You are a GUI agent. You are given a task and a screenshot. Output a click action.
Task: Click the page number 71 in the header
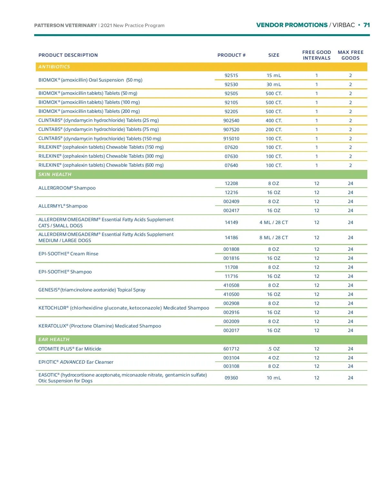click(366, 25)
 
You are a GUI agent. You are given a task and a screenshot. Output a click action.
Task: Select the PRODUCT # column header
click(231, 55)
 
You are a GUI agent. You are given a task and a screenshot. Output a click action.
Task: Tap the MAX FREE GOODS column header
click(350, 55)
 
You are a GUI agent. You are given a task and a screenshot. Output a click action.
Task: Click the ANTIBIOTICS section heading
click(54, 67)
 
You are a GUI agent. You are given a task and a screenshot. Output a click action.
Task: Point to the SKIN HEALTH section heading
click(55, 174)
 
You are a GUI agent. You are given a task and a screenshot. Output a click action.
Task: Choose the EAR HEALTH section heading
click(54, 339)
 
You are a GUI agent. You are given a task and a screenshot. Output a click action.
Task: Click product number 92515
click(231, 75)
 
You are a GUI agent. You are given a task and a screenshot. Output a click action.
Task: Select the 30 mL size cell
click(273, 84)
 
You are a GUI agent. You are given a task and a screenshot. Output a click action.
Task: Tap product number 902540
click(231, 121)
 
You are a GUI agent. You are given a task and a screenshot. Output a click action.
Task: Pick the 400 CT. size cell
click(273, 121)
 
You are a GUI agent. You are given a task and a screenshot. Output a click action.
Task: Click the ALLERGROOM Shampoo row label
click(67, 188)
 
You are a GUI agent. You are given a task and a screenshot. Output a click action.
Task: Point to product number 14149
click(231, 222)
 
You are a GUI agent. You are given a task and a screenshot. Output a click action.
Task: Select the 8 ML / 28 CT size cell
click(273, 238)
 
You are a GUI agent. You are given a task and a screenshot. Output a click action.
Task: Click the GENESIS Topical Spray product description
click(92, 290)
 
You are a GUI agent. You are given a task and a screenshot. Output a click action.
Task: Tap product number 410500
click(231, 294)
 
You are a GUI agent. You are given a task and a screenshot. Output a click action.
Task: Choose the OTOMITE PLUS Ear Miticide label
click(70, 349)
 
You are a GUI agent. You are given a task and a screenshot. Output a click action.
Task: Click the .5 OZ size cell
click(273, 349)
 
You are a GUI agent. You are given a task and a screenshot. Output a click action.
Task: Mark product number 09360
click(231, 378)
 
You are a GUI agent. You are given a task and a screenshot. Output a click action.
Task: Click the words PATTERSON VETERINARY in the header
click(65, 25)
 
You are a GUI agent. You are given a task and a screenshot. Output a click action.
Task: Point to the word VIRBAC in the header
click(343, 25)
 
